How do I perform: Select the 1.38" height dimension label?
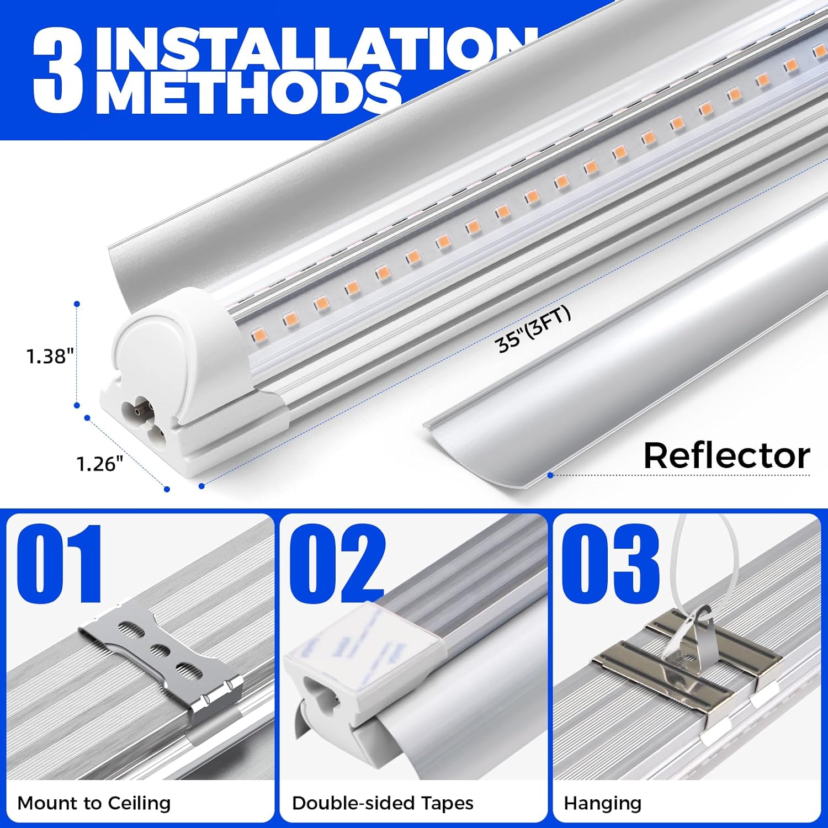click(x=50, y=356)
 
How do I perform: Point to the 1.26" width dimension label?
click(x=99, y=464)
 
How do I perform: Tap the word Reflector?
click(x=726, y=456)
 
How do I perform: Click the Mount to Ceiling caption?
click(x=94, y=803)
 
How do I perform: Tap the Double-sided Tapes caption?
click(x=383, y=803)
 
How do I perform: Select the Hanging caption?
click(x=602, y=803)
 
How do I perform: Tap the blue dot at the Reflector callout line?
click(x=550, y=475)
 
